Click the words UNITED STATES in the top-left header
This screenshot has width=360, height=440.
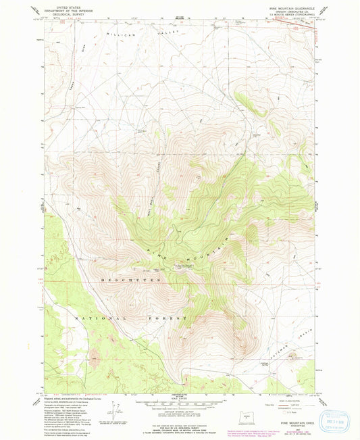tap(64, 5)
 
